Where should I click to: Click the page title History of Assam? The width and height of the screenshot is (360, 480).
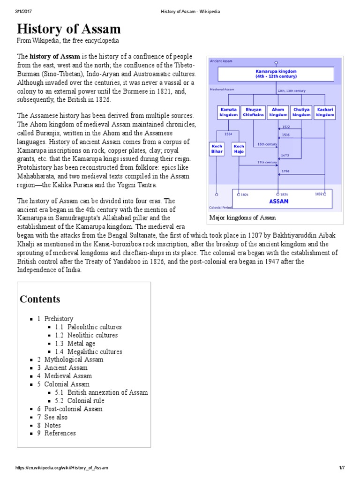point(69,29)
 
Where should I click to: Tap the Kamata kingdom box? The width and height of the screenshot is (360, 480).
point(228,112)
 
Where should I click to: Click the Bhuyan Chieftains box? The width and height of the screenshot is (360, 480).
point(253,112)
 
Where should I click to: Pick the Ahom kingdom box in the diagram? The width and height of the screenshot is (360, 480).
point(278,112)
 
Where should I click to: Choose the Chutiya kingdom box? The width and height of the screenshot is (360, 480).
point(301,112)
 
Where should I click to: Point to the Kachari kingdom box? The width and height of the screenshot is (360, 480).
point(325,112)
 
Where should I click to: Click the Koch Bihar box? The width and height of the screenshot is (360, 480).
point(217,149)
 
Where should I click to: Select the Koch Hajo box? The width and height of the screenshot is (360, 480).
point(239,149)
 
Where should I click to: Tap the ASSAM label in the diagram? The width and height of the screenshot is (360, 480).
point(278,201)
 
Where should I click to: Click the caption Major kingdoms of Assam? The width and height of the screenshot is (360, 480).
point(243,217)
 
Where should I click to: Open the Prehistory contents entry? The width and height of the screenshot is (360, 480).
point(59,319)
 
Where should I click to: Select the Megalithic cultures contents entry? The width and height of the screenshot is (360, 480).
point(94,352)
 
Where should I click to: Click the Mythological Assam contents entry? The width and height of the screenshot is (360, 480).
point(74,360)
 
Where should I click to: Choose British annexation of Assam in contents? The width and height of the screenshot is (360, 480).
point(107,392)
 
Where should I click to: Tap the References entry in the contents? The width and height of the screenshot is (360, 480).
point(60,433)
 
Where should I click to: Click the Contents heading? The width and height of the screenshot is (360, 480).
point(40,299)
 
